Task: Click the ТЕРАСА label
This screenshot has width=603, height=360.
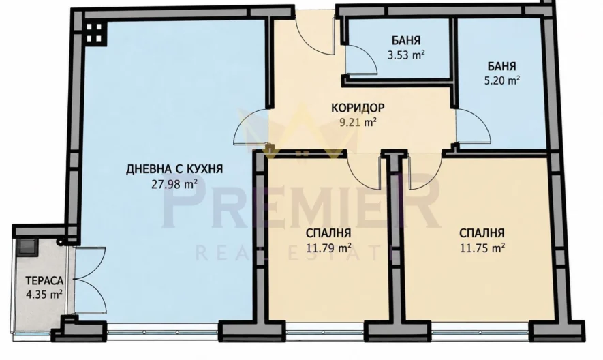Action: pos(44,281)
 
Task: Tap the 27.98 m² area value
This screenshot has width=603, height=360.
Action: pos(174,184)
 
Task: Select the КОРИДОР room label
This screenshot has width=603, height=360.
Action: pos(358,108)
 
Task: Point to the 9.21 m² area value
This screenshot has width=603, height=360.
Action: pos(357,123)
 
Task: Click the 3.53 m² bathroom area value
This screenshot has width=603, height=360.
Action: pos(406,55)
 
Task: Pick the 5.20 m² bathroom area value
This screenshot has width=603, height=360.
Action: pos(502,81)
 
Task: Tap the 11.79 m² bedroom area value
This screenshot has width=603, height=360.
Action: pos(328,248)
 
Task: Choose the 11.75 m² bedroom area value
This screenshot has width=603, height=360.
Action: pos(482,248)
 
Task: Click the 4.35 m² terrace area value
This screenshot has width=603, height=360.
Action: pos(44,295)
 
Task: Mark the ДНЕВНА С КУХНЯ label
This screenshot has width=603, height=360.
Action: pos(174,169)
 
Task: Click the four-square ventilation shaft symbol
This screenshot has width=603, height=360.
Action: pos(94,33)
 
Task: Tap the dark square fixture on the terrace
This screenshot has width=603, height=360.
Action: pos(27,246)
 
